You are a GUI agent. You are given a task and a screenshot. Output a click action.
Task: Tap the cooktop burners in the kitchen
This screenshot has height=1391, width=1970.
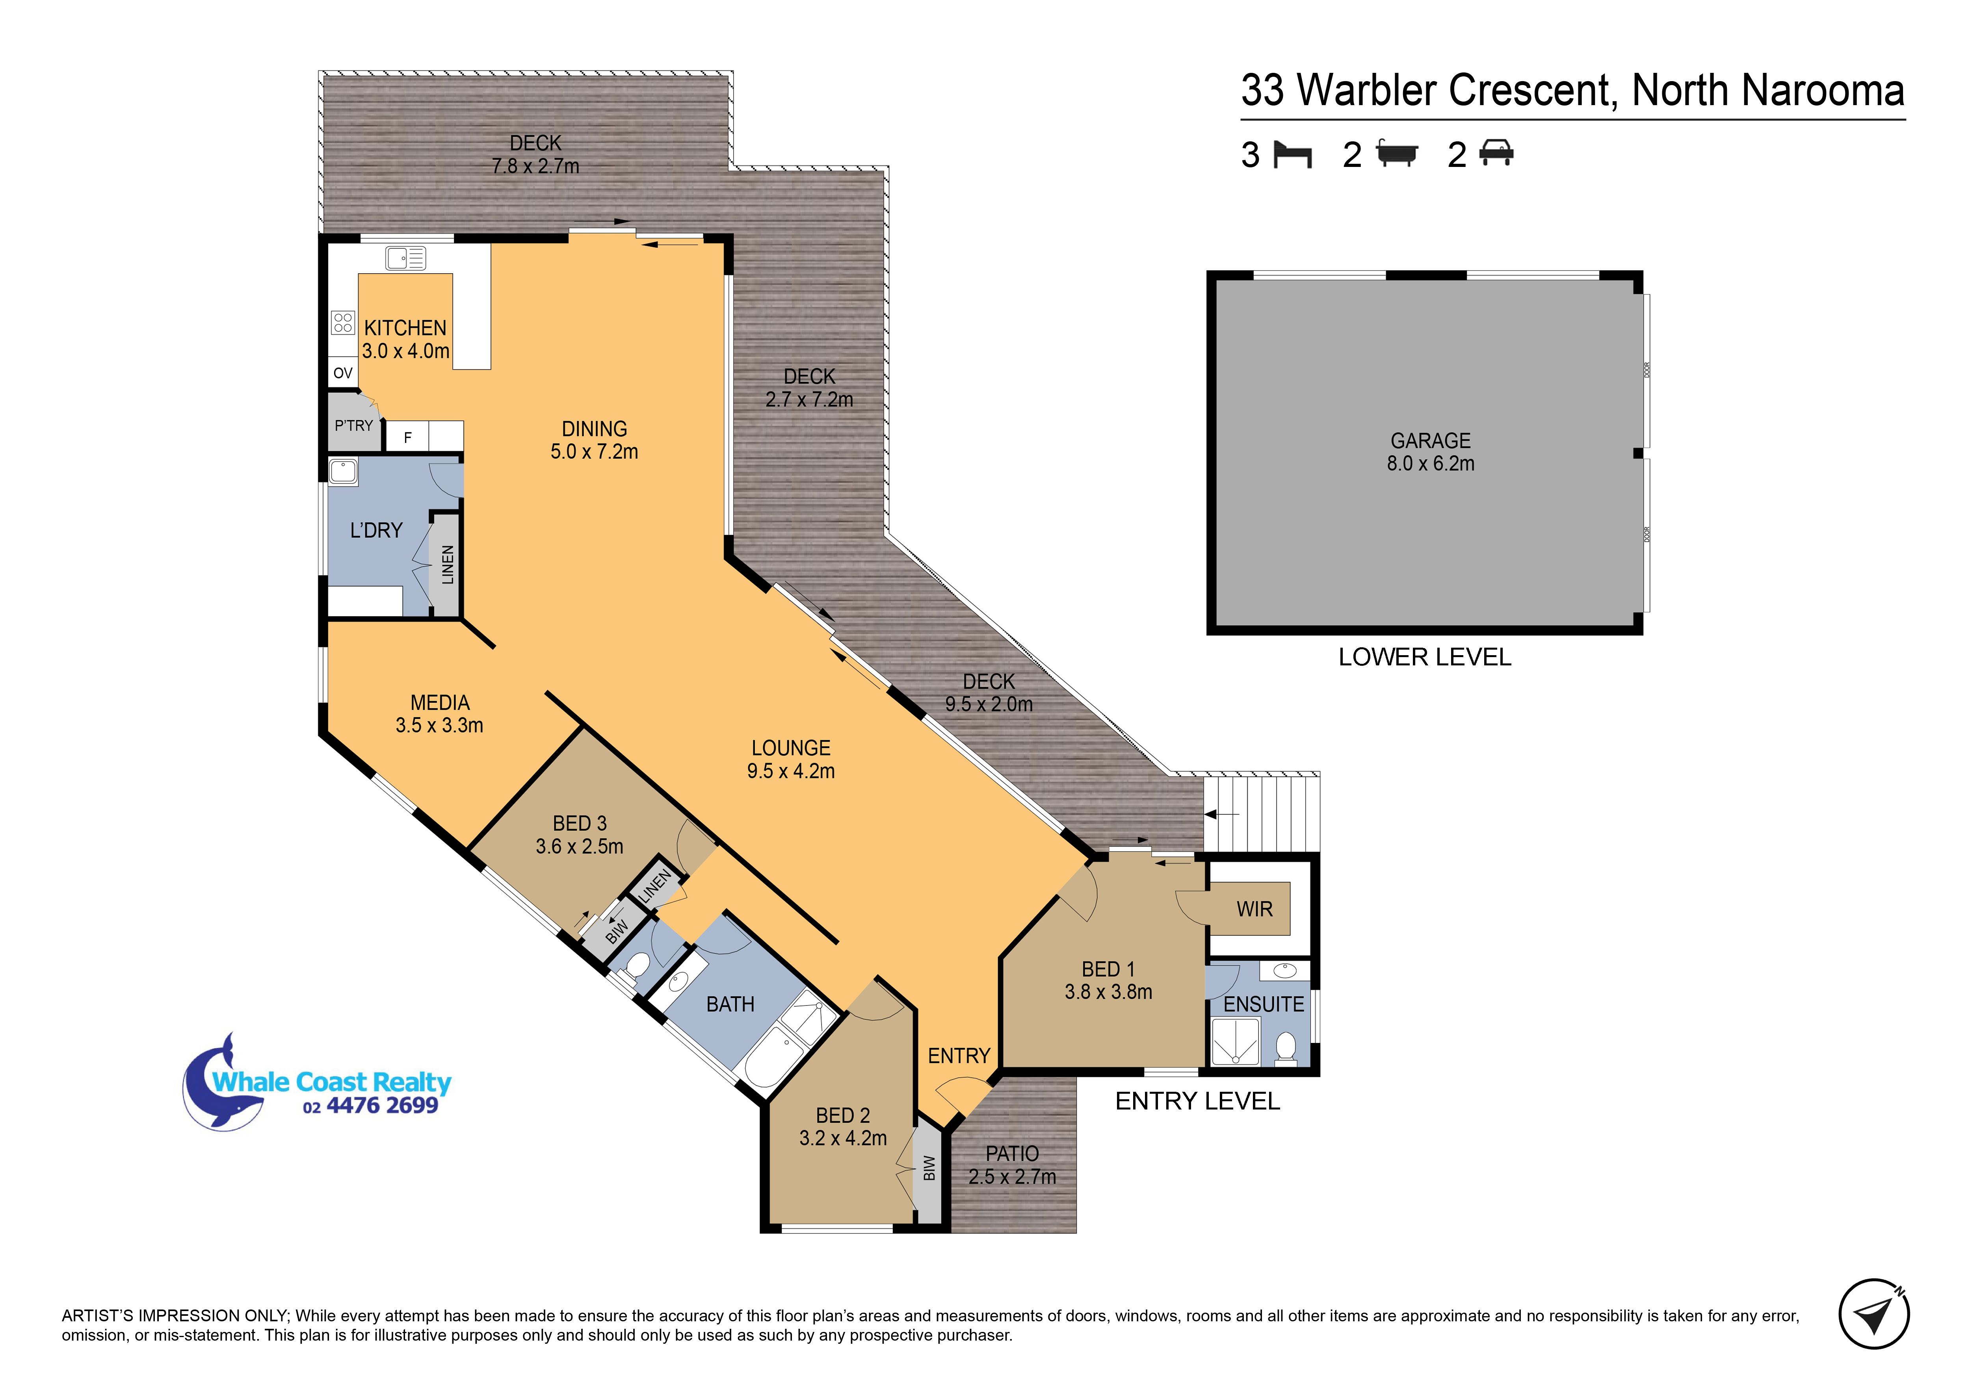click(343, 322)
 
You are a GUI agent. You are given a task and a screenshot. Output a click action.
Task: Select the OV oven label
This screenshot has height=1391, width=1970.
click(343, 373)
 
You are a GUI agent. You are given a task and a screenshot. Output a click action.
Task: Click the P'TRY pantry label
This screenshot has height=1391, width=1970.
click(353, 425)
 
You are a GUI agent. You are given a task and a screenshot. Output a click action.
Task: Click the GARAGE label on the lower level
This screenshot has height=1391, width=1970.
click(1430, 441)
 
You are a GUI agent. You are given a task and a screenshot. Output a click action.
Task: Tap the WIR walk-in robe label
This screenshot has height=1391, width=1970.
click(1254, 909)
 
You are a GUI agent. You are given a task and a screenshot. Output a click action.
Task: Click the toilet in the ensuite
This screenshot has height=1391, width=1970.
click(1285, 1048)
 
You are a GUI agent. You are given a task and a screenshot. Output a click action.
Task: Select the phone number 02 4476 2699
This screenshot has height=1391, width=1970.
click(371, 1106)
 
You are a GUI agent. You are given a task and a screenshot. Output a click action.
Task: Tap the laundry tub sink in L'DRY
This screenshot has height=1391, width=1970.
click(343, 472)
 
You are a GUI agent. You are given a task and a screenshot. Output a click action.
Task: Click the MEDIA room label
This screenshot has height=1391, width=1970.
click(439, 703)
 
